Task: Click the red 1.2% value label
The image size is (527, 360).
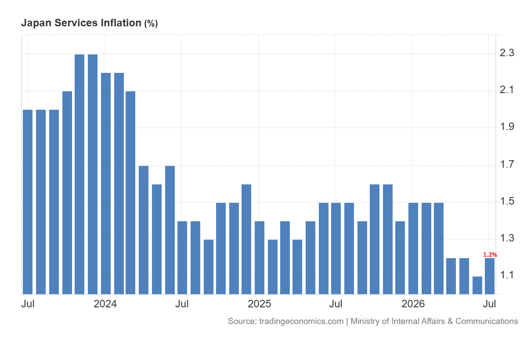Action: pyautogui.click(x=490, y=255)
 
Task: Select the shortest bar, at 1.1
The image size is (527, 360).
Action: pyautogui.click(x=477, y=285)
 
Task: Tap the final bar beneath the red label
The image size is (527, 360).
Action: pyautogui.click(x=490, y=276)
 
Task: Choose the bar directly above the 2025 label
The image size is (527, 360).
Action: pyautogui.click(x=260, y=258)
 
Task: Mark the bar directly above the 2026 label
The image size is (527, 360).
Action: pyautogui.click(x=413, y=248)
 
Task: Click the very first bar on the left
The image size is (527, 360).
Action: pyautogui.click(x=28, y=202)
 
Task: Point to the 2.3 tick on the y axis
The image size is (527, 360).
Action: pyautogui.click(x=507, y=53)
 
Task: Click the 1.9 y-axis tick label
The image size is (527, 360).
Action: pyautogui.click(x=507, y=127)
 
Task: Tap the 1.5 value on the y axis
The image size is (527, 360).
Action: pyautogui.click(x=507, y=201)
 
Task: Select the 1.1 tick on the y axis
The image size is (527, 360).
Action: pyautogui.click(x=507, y=275)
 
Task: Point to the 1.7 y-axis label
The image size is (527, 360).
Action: pyautogui.click(x=507, y=164)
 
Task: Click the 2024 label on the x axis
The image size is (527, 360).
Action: pyautogui.click(x=105, y=304)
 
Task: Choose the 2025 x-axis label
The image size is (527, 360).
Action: pyautogui.click(x=259, y=304)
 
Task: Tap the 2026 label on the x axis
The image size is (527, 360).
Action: pyautogui.click(x=413, y=304)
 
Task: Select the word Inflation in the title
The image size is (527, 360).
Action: pyautogui.click(x=121, y=23)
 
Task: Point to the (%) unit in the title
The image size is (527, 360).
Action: pyautogui.click(x=151, y=24)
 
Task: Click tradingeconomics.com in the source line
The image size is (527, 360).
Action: pyautogui.click(x=301, y=321)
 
